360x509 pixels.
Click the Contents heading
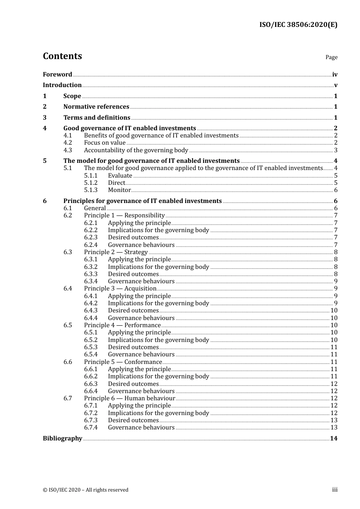(x=62, y=56)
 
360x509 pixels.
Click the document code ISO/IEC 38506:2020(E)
(x=298, y=25)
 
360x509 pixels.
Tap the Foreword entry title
(x=57, y=74)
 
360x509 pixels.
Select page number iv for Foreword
(x=335, y=74)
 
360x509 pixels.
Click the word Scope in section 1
(x=72, y=96)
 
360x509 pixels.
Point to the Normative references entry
(x=96, y=106)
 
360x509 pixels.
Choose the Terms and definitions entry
(x=97, y=117)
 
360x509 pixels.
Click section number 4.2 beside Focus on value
(x=67, y=143)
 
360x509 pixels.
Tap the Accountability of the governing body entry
(x=136, y=150)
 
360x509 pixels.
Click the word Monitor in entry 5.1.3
(x=119, y=190)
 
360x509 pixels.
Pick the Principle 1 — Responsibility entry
(x=124, y=215)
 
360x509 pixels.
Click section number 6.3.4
(x=91, y=281)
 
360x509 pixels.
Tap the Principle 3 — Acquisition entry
(x=120, y=289)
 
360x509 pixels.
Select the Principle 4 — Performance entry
(x=122, y=325)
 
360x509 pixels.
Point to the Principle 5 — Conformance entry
(x=123, y=362)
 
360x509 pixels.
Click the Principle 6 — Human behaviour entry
(x=130, y=398)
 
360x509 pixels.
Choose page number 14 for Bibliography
(x=333, y=438)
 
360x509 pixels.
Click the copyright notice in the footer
(x=86, y=490)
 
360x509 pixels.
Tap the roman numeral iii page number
(x=335, y=490)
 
